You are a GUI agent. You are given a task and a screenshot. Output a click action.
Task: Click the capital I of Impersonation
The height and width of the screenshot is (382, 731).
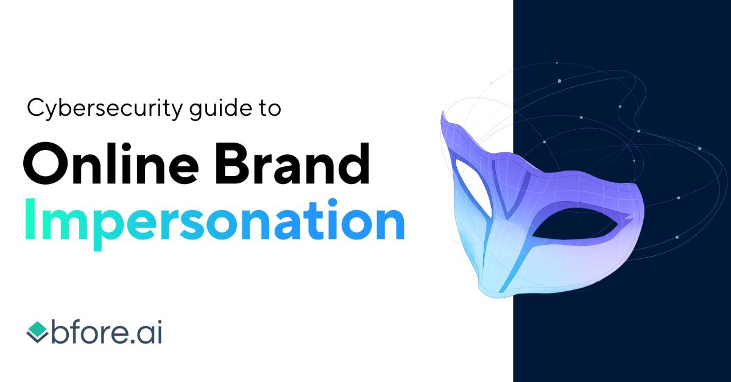click(30, 221)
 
